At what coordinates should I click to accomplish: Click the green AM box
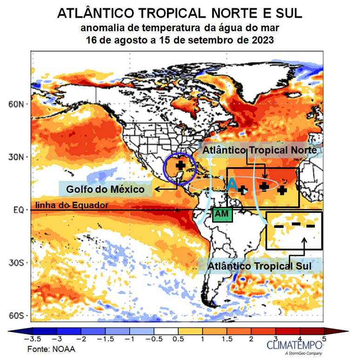(x=221, y=214)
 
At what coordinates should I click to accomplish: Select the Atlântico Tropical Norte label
(x=260, y=150)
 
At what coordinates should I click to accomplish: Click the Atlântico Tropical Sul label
(x=259, y=266)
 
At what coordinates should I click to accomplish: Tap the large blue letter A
(x=231, y=185)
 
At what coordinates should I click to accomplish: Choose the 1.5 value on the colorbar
(x=227, y=339)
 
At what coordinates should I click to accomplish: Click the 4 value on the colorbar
(x=300, y=339)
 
